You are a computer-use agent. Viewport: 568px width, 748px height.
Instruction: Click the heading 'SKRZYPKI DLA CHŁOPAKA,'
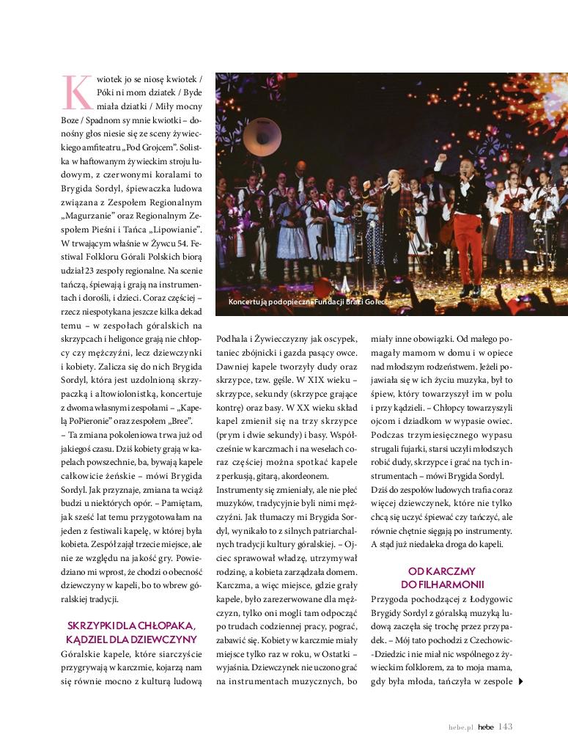[131, 626]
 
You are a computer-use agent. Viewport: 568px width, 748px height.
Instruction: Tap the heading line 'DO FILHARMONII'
[443, 584]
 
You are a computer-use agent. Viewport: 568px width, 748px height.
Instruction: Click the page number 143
[505, 727]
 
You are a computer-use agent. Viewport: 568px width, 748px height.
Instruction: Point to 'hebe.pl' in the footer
[462, 727]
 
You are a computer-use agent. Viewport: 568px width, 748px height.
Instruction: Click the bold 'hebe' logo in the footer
[486, 727]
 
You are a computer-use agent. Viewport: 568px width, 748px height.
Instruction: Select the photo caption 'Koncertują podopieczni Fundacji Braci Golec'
[308, 302]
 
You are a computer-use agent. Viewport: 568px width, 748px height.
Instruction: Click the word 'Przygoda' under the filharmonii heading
[394, 598]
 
